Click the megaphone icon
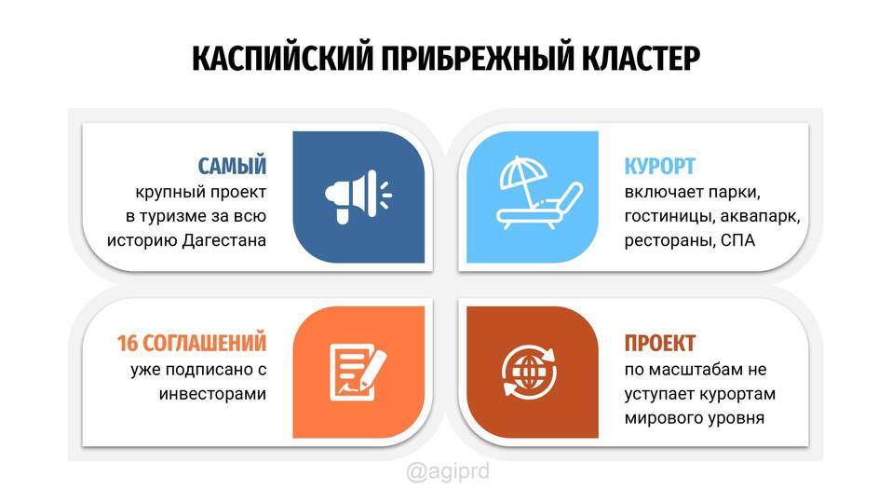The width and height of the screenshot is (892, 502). pos(358,197)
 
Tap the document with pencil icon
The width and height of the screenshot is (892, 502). pos(358,372)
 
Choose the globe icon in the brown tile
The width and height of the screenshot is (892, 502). pos(529,372)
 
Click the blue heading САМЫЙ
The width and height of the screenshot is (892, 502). pos(232,166)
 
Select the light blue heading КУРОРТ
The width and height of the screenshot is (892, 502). pos(660,166)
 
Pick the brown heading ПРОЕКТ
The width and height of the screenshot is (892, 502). pos(660,343)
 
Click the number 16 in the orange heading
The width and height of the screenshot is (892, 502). pos(128,343)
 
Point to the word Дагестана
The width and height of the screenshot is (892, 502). pos(224,240)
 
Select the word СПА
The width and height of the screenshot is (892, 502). pos(737,240)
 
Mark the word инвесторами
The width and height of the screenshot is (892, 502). pos(213,394)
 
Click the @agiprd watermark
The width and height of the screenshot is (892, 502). pos(448,472)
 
